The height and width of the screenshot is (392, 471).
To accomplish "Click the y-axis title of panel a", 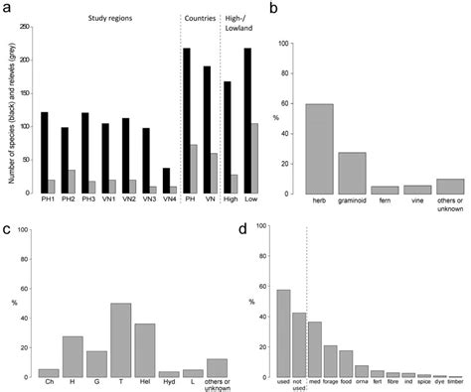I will coord(9,109).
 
